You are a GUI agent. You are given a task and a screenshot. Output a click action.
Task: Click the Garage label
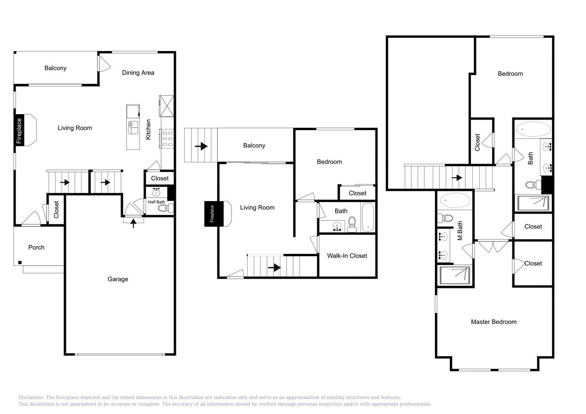(x=118, y=279)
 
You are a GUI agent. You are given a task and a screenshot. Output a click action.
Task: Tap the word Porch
(x=36, y=247)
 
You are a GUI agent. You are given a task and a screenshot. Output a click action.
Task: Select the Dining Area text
(x=138, y=73)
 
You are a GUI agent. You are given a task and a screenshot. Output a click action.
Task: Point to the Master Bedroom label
(x=493, y=322)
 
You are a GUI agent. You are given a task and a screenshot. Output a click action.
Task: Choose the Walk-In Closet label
(x=347, y=256)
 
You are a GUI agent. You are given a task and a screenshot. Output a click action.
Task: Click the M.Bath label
(x=459, y=231)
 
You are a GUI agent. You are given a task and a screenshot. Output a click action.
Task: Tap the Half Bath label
(x=156, y=202)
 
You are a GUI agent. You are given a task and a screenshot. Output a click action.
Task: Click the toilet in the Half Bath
(x=164, y=208)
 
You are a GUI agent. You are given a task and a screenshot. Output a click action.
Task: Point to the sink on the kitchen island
(x=133, y=127)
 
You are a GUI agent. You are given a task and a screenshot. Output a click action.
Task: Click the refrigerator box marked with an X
(x=166, y=106)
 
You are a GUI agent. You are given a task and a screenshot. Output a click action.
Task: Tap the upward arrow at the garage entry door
(x=134, y=224)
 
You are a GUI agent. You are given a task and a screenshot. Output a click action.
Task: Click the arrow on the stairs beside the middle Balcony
(x=201, y=146)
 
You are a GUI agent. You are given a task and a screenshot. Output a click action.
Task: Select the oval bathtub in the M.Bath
(x=455, y=201)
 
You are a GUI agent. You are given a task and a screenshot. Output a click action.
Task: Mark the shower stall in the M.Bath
(x=455, y=275)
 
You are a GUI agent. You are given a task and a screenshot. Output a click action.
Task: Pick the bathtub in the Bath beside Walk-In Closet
(x=368, y=218)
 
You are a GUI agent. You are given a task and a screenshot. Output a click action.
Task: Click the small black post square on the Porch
(x=20, y=263)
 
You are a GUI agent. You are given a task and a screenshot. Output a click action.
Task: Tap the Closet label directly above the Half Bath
(x=160, y=178)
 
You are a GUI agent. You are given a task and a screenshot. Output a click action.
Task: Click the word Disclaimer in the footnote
(x=31, y=397)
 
